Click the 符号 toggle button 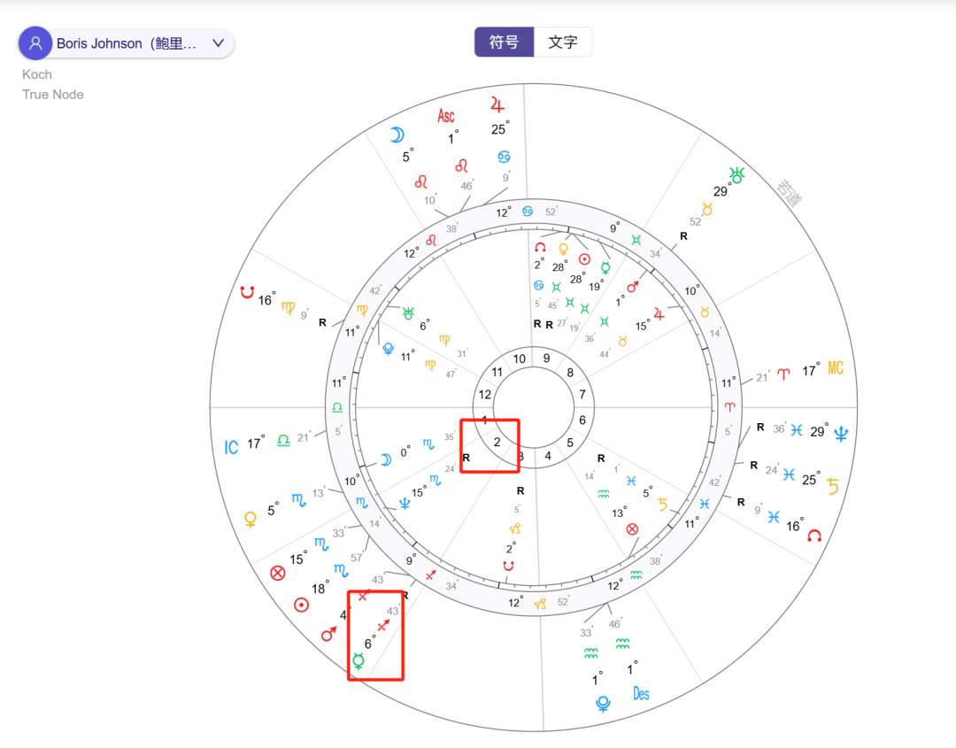[504, 42]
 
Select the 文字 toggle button [563, 42]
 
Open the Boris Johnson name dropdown [218, 42]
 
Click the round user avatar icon [35, 42]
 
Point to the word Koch [37, 74]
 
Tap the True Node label [53, 95]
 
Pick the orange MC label [836, 369]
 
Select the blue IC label [231, 447]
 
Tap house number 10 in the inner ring [520, 359]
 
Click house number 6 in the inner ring [582, 420]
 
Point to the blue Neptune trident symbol [841, 433]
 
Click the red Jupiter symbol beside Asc [497, 105]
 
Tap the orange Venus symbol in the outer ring [251, 520]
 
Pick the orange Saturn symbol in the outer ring [832, 485]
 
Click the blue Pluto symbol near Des [604, 705]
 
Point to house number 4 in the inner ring [548, 457]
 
